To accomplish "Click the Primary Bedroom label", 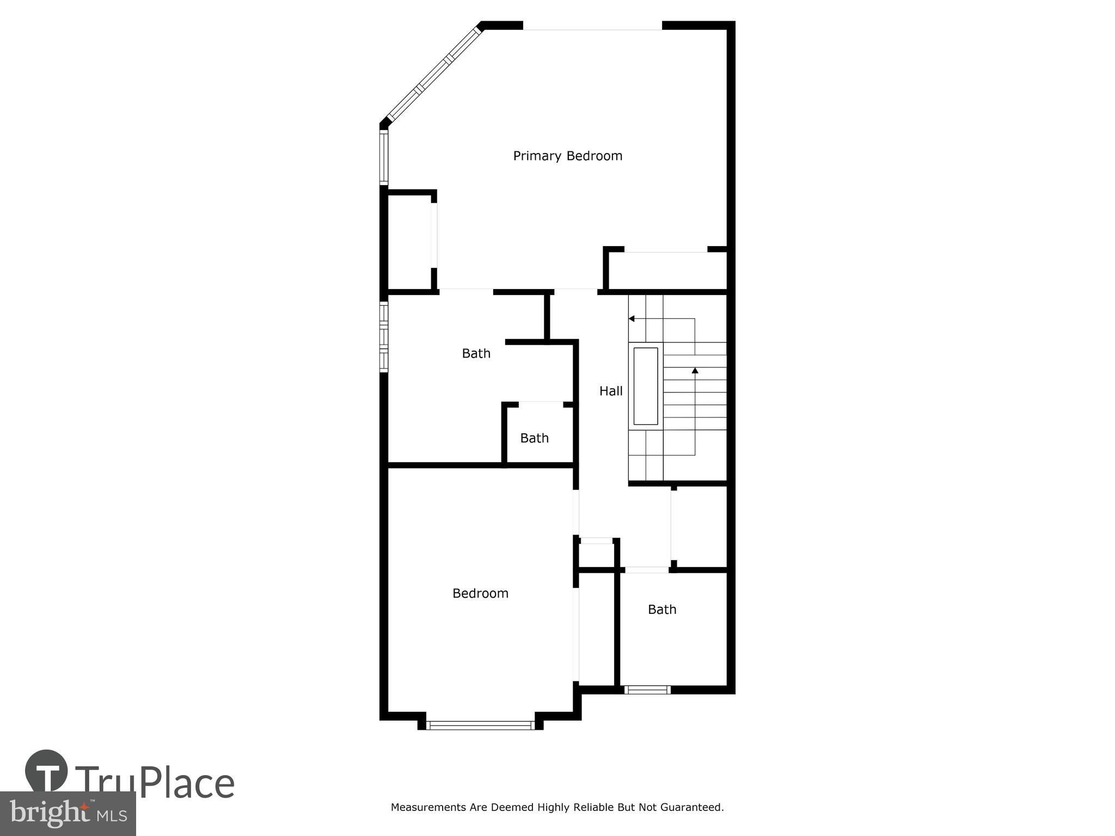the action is (567, 156).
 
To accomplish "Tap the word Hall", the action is (611, 391).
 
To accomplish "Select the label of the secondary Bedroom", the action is (480, 593).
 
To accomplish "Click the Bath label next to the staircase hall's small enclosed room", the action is (534, 438).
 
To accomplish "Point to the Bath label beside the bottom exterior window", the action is (662, 610).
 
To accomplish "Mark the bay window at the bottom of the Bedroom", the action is (480, 725).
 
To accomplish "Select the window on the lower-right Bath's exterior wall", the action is (647, 690).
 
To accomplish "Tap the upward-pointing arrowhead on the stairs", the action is (695, 371).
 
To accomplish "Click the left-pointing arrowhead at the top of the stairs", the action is (632, 318).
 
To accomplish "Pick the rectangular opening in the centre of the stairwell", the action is (646, 386).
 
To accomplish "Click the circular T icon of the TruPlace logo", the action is (47, 772).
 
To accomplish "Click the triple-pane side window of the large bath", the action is (384, 336).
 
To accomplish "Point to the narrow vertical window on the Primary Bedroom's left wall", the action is (384, 156).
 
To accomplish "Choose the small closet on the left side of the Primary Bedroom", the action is (409, 241).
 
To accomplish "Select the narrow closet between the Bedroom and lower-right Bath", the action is (597, 628).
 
